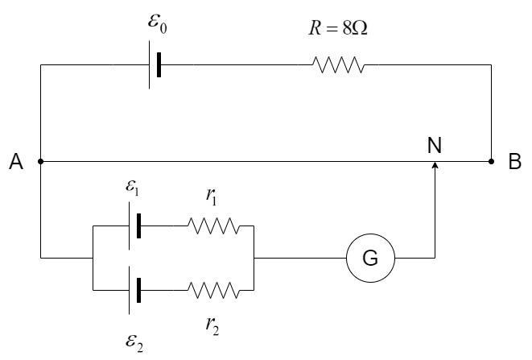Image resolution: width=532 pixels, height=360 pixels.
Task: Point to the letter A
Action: (15, 163)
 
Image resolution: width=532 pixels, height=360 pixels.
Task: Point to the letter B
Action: (515, 163)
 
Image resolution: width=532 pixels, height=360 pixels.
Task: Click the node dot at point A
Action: (40, 161)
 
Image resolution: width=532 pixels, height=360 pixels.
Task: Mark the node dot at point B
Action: (492, 161)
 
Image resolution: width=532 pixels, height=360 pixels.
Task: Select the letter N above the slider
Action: (435, 146)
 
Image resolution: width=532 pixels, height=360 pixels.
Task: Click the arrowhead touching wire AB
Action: (435, 166)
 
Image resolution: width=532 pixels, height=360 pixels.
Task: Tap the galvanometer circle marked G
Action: (370, 259)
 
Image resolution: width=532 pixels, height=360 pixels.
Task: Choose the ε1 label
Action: (132, 192)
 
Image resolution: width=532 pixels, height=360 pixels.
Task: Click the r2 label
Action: (212, 325)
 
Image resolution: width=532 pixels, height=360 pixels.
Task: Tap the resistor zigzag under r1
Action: (213, 226)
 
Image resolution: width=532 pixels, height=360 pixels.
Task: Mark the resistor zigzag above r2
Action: (213, 288)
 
